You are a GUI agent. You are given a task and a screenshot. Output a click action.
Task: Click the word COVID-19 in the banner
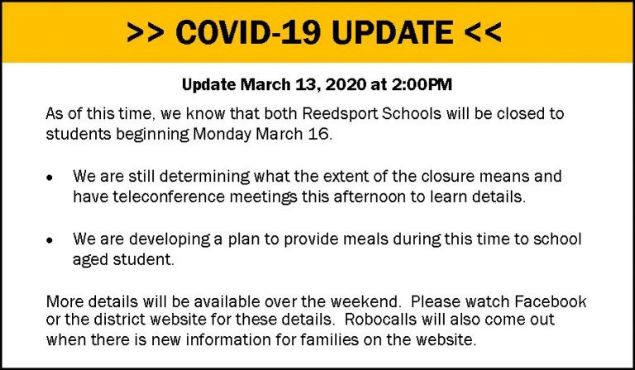click(x=248, y=32)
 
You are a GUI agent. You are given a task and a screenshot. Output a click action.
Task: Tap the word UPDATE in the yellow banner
click(x=392, y=32)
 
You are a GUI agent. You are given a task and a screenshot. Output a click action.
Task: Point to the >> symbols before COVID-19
click(x=145, y=33)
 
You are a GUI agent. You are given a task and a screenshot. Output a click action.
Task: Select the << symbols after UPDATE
click(x=483, y=33)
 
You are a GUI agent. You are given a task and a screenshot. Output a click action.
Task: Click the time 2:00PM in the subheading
click(x=422, y=84)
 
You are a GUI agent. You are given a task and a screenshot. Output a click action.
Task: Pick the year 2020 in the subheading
click(x=342, y=84)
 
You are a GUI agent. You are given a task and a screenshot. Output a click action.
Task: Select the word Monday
click(x=222, y=135)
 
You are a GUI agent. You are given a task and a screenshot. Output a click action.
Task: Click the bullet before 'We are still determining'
click(x=50, y=177)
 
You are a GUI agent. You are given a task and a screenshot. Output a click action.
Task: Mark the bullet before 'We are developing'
click(x=50, y=240)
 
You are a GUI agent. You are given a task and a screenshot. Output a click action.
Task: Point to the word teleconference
click(x=169, y=197)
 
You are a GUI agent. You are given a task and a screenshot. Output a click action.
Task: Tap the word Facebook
click(x=551, y=301)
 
